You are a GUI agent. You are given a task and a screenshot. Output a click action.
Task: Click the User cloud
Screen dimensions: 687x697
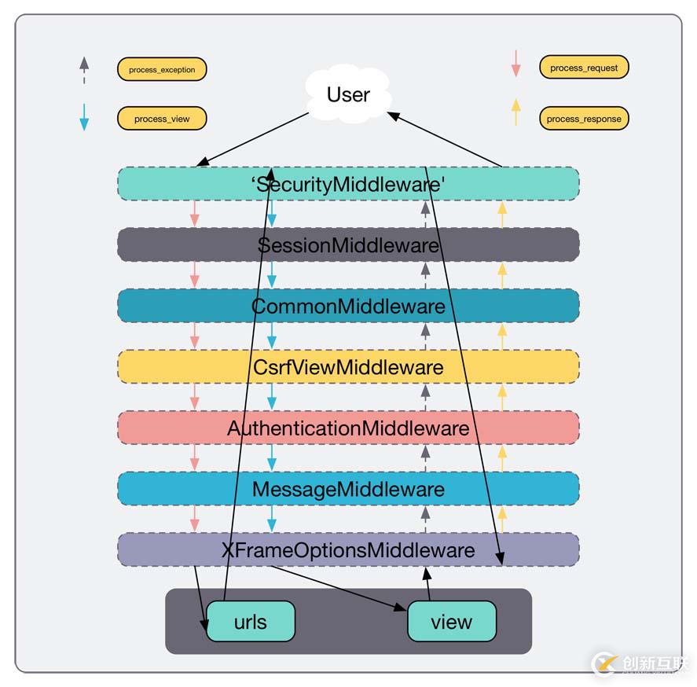pyautogui.click(x=348, y=95)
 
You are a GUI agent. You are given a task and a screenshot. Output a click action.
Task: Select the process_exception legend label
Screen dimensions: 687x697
pyautogui.click(x=162, y=69)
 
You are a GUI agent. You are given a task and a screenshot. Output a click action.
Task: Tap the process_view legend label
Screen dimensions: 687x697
pyautogui.click(x=162, y=119)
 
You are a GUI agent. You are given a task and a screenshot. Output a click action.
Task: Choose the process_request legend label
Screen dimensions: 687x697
pyautogui.click(x=584, y=68)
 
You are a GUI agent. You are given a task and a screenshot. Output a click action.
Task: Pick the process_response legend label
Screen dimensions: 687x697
pyautogui.click(x=584, y=119)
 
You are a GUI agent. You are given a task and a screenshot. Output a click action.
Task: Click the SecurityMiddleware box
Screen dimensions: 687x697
pyautogui.click(x=348, y=184)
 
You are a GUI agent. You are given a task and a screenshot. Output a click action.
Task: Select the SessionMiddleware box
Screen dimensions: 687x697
pyautogui.click(x=348, y=244)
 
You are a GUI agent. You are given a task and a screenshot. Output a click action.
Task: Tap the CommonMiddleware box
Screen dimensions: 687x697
pyautogui.click(x=348, y=306)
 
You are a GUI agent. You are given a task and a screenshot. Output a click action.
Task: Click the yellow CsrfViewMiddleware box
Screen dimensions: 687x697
pyautogui.click(x=348, y=366)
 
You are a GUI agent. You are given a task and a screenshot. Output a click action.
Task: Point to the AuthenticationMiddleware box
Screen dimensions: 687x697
pyautogui.click(x=348, y=428)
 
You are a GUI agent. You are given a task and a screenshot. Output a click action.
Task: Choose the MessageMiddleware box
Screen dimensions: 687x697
pyautogui.click(x=348, y=489)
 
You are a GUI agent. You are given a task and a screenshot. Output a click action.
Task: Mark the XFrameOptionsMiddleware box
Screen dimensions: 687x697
pyautogui.click(x=348, y=549)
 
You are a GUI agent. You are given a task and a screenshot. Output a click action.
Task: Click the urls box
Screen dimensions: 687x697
pyautogui.click(x=251, y=622)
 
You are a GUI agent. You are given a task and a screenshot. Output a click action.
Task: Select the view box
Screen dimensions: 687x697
pyautogui.click(x=452, y=622)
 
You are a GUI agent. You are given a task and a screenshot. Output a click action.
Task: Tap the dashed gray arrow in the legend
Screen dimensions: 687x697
pyautogui.click(x=84, y=70)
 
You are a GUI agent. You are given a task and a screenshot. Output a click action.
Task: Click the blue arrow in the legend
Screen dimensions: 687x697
pyautogui.click(x=84, y=117)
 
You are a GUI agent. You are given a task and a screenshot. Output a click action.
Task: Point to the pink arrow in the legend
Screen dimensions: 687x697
pyautogui.click(x=515, y=64)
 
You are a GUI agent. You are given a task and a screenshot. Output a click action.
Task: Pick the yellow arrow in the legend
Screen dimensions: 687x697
pyautogui.click(x=515, y=112)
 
